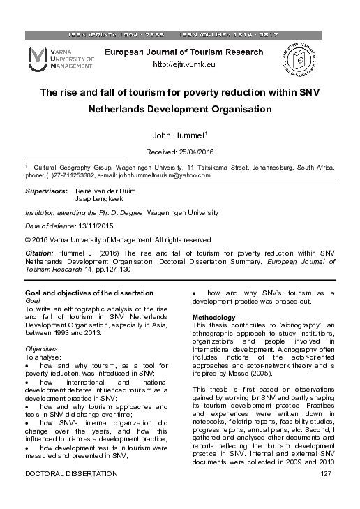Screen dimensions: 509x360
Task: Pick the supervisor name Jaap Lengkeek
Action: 97,199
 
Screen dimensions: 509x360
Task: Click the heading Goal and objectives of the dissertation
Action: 89,293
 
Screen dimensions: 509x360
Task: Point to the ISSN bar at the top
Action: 180,34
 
